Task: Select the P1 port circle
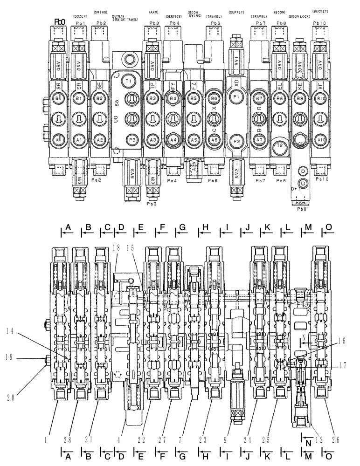(x=236, y=96)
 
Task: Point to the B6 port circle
(x=215, y=99)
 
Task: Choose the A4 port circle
(x=173, y=139)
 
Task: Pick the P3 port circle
(x=132, y=139)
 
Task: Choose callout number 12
(x=318, y=438)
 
